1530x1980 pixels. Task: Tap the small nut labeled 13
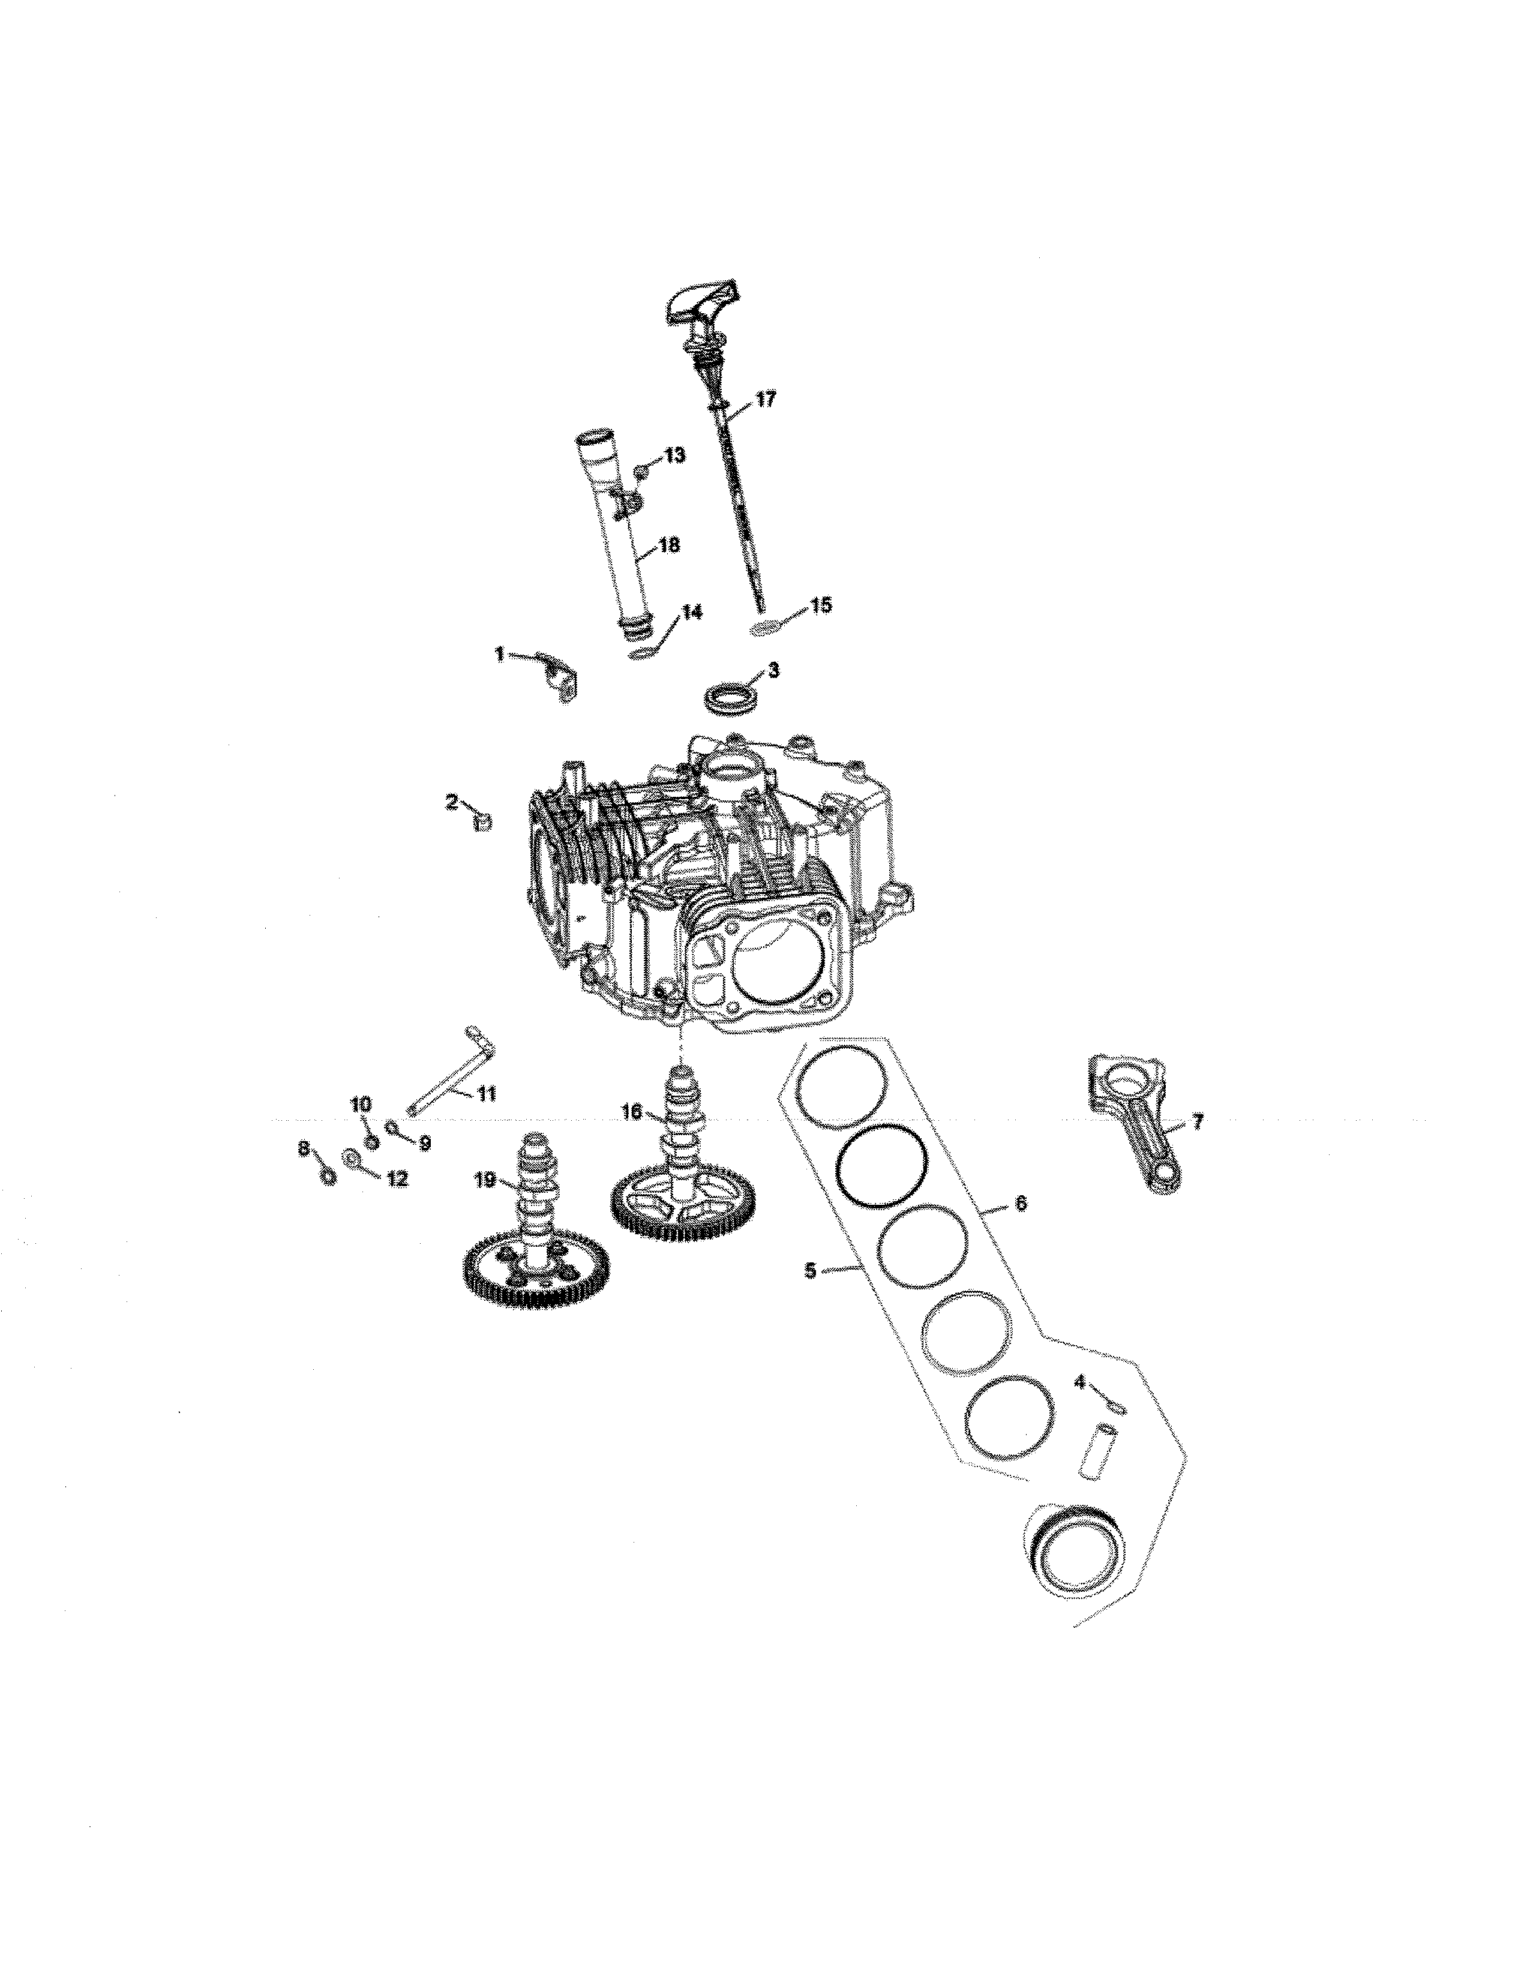[x=641, y=472]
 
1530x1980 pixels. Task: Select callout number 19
[x=485, y=1180]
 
